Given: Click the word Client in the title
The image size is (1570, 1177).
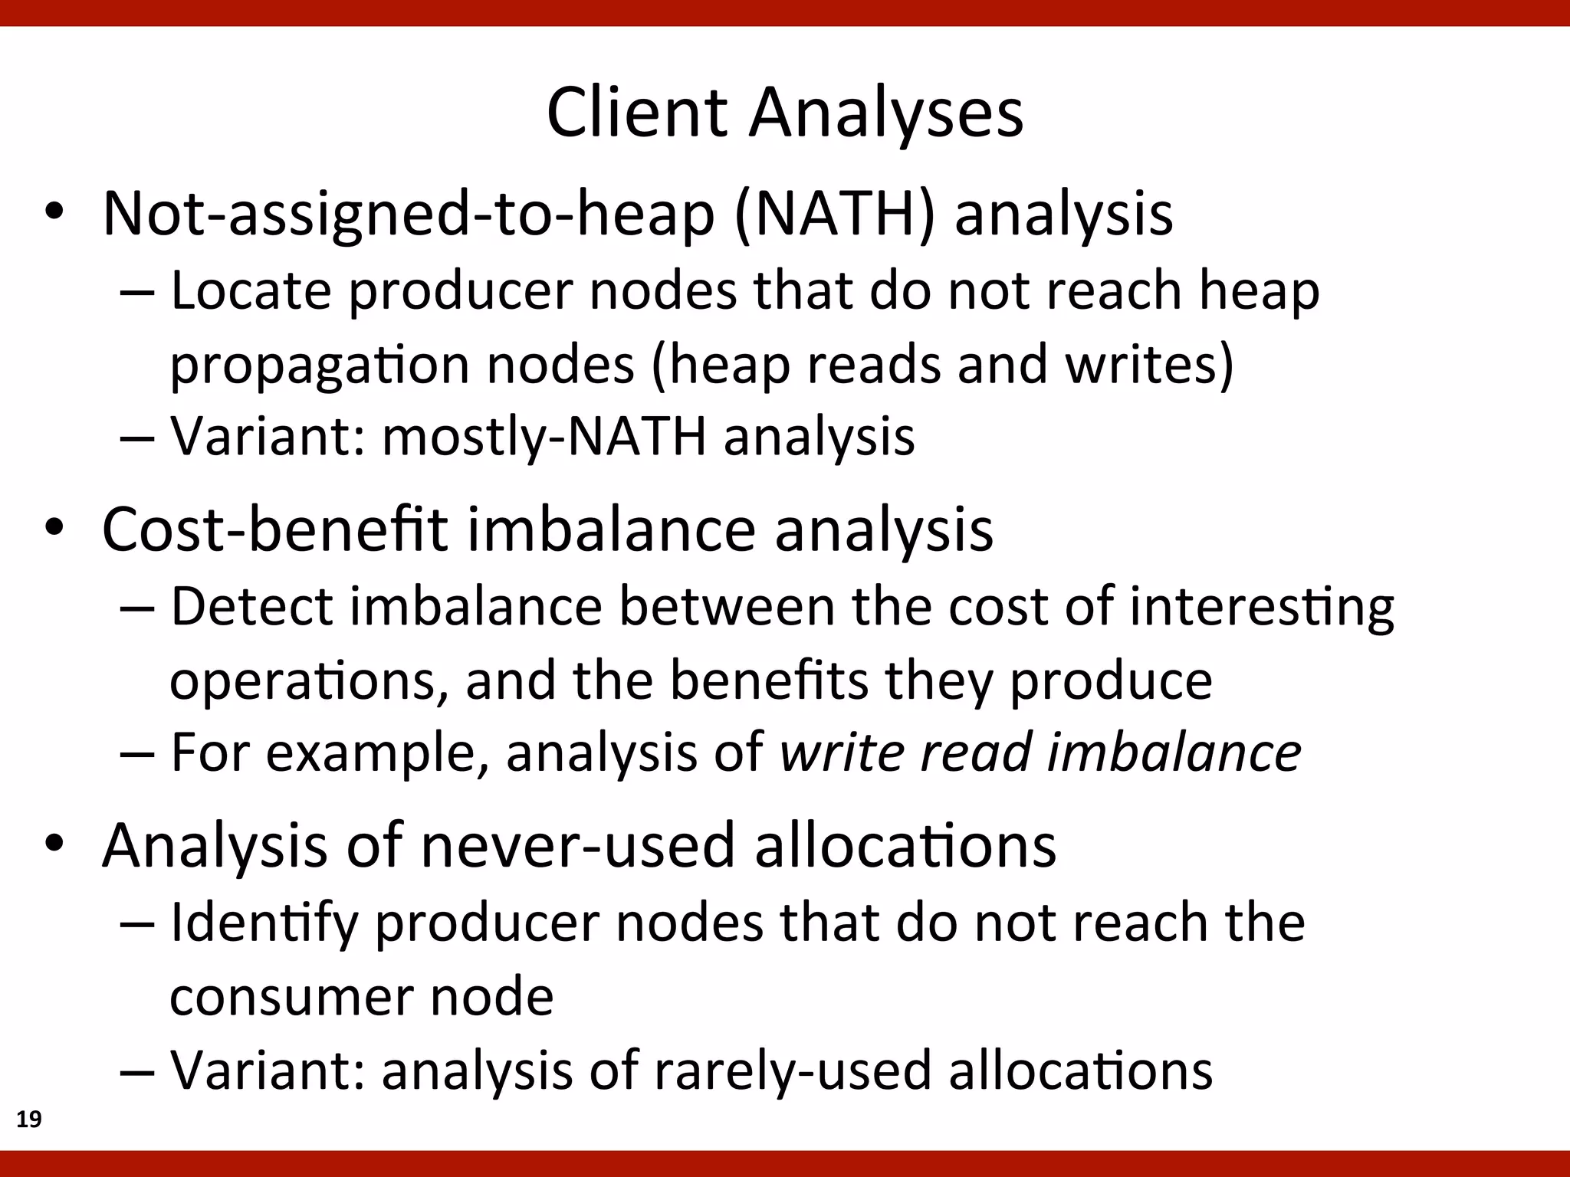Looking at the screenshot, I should [x=636, y=113].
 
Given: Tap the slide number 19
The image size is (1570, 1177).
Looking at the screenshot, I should [x=29, y=1120].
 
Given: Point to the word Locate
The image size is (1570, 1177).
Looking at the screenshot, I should [x=250, y=291].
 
